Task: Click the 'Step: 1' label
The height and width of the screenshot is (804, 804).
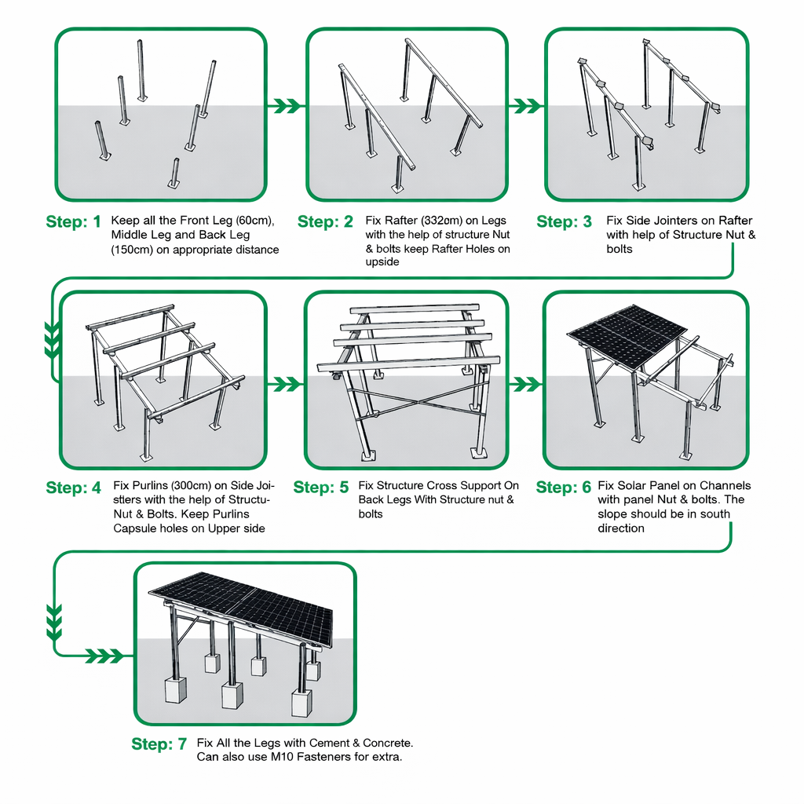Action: pyautogui.click(x=74, y=222)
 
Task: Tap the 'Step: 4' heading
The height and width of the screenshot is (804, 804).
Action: pyautogui.click(x=74, y=488)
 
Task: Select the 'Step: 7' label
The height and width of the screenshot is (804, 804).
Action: pyautogui.click(x=159, y=744)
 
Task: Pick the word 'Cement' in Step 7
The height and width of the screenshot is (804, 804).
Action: pyautogui.click(x=329, y=743)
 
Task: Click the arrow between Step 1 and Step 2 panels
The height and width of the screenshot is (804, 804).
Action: pyautogui.click(x=287, y=104)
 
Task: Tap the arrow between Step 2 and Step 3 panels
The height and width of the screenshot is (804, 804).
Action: pyautogui.click(x=526, y=104)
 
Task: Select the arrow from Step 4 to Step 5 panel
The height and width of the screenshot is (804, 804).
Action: pyautogui.click(x=287, y=383)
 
